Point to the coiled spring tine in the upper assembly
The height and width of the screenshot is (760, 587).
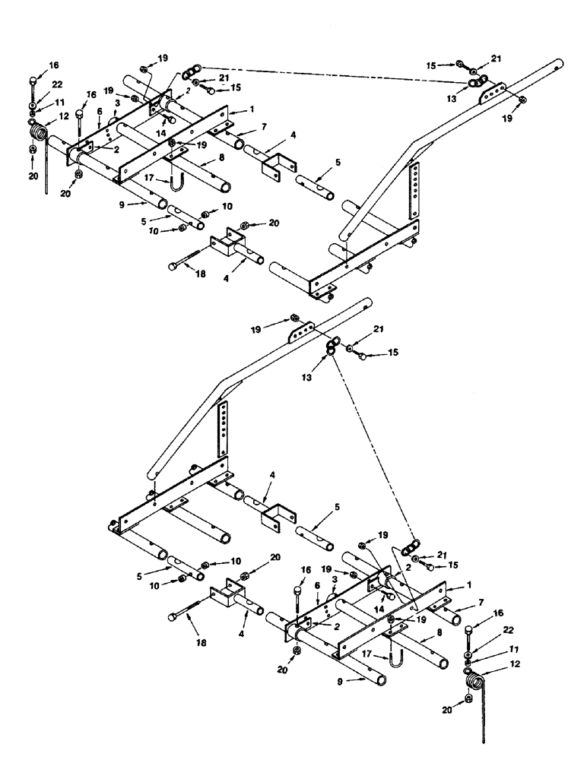click(37, 134)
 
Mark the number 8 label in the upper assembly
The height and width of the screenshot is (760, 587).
click(221, 160)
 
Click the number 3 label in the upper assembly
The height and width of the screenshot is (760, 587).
click(117, 102)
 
